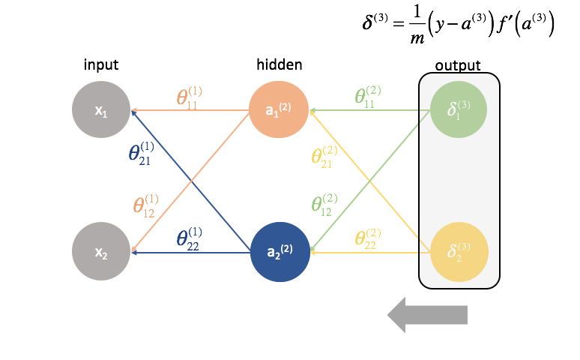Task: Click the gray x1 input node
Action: (101, 111)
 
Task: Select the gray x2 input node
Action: (101, 252)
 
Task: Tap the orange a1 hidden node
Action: (279, 111)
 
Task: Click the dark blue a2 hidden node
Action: (279, 252)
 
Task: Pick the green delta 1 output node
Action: (459, 111)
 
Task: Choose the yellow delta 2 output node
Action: (459, 252)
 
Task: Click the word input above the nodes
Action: (101, 66)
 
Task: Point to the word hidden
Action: (279, 65)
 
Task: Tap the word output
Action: (458, 66)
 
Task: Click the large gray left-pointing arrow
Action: (427, 315)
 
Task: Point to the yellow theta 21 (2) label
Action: (324, 157)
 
